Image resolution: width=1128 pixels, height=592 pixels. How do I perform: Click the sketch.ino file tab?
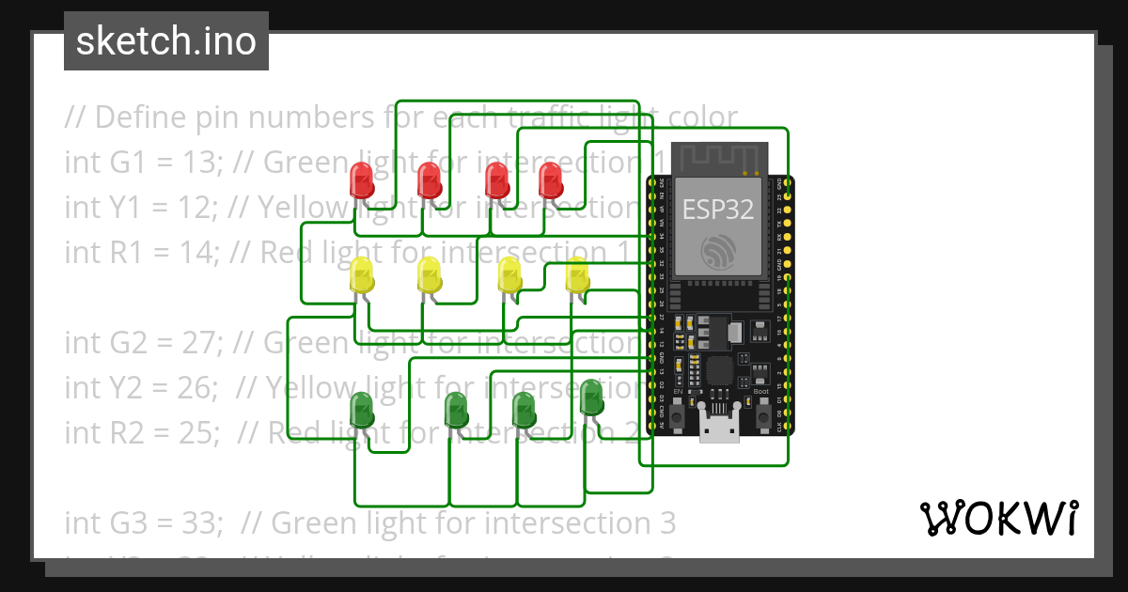(166, 41)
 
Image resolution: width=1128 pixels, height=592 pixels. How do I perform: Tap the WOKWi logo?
(997, 518)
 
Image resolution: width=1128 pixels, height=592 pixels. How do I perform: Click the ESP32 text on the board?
(718, 209)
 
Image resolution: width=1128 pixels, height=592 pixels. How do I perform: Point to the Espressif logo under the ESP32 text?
(718, 250)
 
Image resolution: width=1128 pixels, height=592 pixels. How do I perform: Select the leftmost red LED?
(360, 179)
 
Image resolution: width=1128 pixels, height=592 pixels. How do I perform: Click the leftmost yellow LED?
(361, 275)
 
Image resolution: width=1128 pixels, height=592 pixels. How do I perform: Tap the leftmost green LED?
(361, 409)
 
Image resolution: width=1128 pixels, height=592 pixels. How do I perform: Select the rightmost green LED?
(591, 397)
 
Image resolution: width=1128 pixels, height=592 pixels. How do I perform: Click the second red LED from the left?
(429, 179)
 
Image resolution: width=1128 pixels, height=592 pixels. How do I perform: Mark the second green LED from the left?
(456, 409)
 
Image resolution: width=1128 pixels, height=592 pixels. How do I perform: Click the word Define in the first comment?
(137, 117)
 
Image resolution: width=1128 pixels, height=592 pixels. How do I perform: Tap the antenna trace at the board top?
(718, 156)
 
